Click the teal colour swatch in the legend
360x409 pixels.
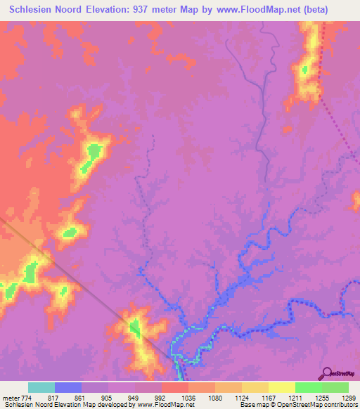click(x=41, y=387)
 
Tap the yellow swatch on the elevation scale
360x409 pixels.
click(x=281, y=387)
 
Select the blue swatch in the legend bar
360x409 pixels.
click(x=68, y=387)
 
